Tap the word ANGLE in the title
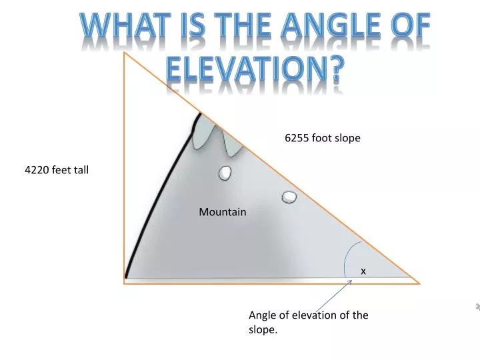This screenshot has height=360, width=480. (x=325, y=27)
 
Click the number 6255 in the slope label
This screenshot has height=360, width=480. (x=297, y=138)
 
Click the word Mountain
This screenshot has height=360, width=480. (x=223, y=212)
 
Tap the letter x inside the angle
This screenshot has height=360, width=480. (x=363, y=271)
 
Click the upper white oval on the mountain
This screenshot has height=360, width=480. (x=225, y=173)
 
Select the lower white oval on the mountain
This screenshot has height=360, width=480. (x=289, y=197)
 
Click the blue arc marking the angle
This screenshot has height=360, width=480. (x=346, y=257)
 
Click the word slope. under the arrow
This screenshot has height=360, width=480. (x=263, y=329)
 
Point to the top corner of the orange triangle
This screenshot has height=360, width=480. (x=124, y=53)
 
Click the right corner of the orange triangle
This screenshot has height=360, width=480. (x=419, y=283)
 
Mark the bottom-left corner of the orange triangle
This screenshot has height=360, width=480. (x=124, y=283)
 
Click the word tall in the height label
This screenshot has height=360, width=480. (x=81, y=170)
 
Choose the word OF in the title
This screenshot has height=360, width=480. (x=408, y=27)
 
